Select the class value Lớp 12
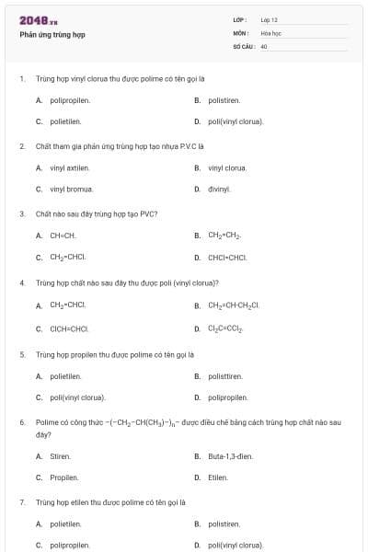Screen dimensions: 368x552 point(269,19)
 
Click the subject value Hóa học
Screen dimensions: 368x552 point(270,32)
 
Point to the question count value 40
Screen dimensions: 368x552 point(264,45)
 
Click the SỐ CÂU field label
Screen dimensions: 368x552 point(244,45)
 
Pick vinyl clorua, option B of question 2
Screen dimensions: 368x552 point(227,167)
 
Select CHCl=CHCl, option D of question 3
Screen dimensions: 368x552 point(227,258)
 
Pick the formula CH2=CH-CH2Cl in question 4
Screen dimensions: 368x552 point(234,305)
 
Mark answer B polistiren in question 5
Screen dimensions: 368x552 point(225,375)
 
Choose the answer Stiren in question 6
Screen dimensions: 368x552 point(60,456)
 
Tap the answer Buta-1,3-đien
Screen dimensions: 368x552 point(230,456)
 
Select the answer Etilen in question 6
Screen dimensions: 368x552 point(218,477)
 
